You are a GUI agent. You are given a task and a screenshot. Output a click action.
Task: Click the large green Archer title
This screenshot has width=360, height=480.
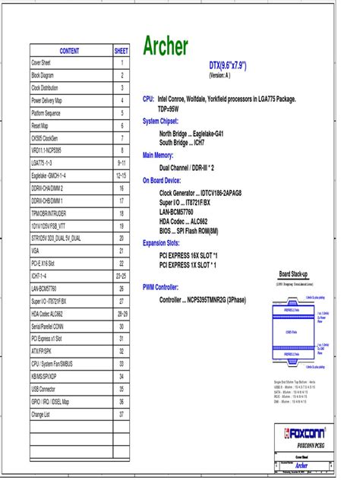(166, 47)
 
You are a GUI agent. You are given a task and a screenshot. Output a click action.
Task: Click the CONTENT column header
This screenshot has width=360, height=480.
(70, 51)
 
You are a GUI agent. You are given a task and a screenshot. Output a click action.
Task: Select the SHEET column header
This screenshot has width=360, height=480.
(122, 51)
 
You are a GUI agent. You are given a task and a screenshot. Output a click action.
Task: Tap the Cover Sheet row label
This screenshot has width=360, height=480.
(41, 64)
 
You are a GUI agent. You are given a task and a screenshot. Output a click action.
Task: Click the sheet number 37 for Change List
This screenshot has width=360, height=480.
(122, 415)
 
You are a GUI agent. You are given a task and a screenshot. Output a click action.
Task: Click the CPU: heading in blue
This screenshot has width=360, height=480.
(148, 99)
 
